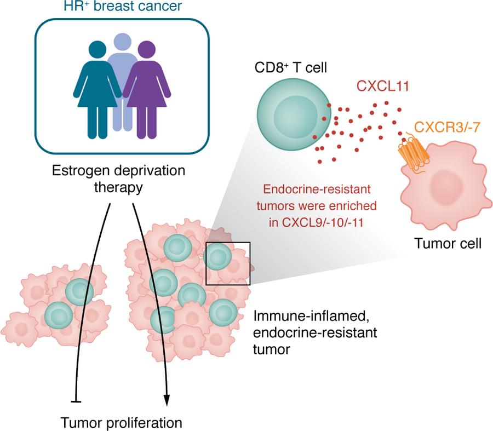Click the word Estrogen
[x=77, y=171]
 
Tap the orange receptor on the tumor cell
[x=412, y=153]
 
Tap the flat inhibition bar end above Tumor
[x=76, y=403]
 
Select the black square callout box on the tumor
[x=228, y=262]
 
